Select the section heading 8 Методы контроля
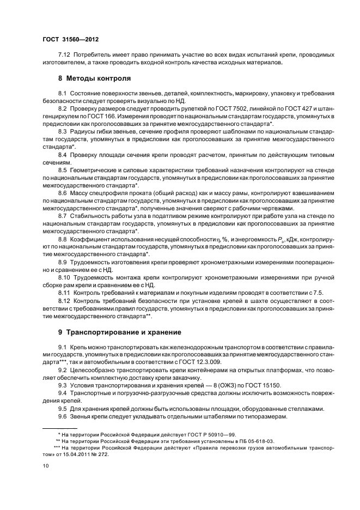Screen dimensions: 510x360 pos(94,78)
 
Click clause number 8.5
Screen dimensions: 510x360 pos(63,171)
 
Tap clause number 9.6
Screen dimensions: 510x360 pos(63,416)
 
